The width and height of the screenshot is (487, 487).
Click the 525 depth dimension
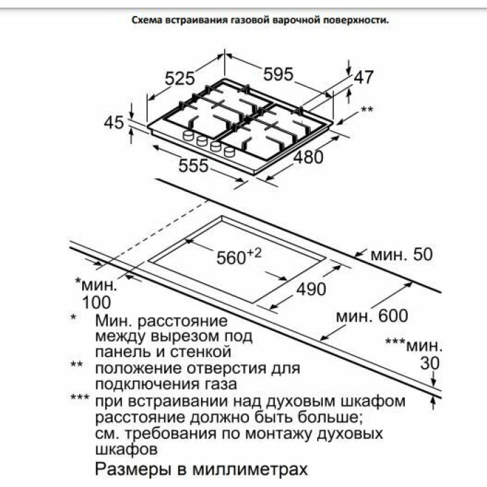(179, 78)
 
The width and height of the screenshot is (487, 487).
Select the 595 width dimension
(278, 74)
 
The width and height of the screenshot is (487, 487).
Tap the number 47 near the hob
(363, 77)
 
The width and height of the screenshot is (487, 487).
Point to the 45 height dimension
(113, 122)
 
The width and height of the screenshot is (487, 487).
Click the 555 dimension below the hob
(193, 166)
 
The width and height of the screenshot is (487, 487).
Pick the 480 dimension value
(308, 157)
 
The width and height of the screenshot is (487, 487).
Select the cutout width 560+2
(239, 257)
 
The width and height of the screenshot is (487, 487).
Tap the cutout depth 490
(311, 289)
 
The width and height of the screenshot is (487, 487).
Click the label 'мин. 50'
(401, 255)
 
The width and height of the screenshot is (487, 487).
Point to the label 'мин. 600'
(372, 316)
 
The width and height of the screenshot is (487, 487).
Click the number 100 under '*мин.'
(96, 303)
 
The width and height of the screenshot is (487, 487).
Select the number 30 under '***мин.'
(430, 362)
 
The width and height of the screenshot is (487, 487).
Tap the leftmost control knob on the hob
(188, 136)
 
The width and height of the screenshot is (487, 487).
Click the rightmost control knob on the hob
(230, 152)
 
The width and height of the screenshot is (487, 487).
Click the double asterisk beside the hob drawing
(367, 109)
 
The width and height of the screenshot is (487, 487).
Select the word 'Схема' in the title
(147, 20)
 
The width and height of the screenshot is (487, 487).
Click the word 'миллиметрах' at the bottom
(250, 470)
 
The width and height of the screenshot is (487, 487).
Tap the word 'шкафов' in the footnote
(126, 449)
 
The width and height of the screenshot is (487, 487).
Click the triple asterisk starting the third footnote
(80, 397)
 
